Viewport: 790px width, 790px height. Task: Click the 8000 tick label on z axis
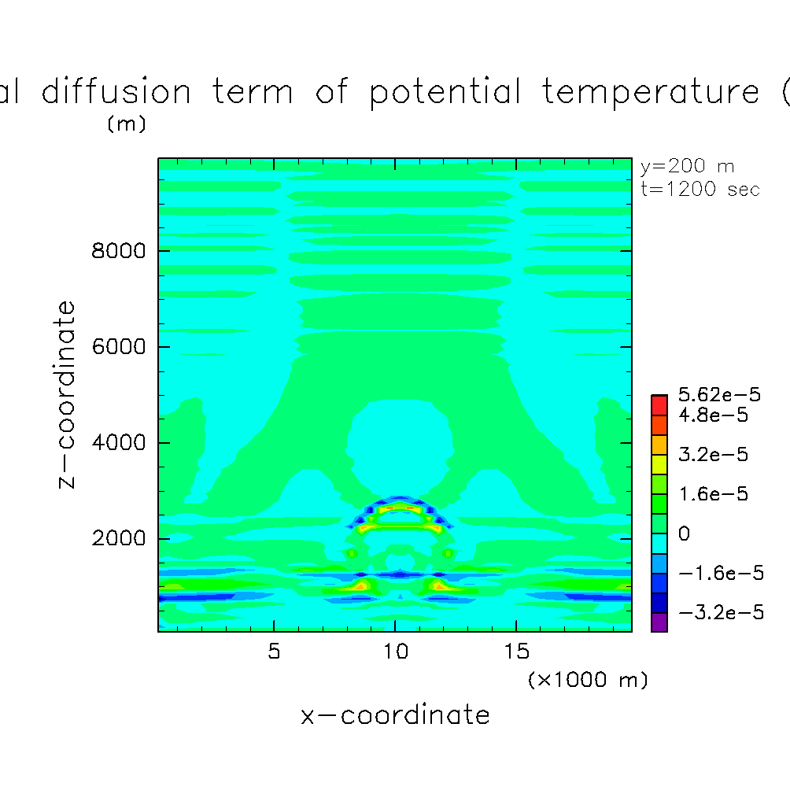tap(118, 250)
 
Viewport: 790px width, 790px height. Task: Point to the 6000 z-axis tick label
tap(118, 347)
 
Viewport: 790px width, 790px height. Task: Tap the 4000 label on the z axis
tap(118, 442)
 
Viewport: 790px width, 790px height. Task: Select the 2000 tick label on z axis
tap(118, 538)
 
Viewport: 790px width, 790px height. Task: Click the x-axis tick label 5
tap(274, 652)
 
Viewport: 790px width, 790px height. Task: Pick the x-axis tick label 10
tap(396, 652)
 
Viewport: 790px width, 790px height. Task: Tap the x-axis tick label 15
tap(516, 652)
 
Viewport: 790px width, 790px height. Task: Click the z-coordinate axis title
tap(66, 394)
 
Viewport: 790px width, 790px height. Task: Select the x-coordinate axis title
tap(395, 715)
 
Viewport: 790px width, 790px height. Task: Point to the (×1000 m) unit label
tap(588, 680)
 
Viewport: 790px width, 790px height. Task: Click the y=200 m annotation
tap(687, 167)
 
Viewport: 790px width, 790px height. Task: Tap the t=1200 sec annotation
tap(700, 189)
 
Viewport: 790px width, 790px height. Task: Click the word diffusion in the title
tap(116, 91)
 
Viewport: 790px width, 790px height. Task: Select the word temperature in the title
tap(651, 93)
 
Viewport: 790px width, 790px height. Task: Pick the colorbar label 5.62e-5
tap(719, 394)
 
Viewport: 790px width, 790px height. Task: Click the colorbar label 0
tap(685, 533)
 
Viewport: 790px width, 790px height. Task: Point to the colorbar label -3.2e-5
tap(721, 613)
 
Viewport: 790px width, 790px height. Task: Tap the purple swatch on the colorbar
tap(659, 622)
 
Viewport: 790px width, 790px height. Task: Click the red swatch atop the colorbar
tap(659, 405)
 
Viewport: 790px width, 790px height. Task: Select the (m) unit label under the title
tap(127, 124)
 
